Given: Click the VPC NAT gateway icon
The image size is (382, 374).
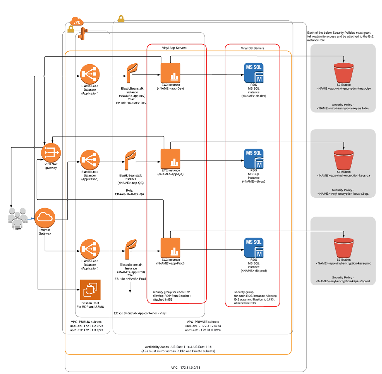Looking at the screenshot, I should tap(51, 153).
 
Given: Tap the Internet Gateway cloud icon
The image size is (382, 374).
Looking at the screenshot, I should tap(45, 217).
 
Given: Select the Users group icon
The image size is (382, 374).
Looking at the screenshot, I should tap(17, 217).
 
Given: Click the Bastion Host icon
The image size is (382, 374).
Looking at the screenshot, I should tap(90, 290).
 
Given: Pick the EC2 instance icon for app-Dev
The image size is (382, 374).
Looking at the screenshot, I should tap(170, 73).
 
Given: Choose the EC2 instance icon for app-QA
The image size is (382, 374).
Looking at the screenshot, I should tap(170, 159).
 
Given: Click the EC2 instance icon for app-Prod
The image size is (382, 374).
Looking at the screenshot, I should tap(170, 248).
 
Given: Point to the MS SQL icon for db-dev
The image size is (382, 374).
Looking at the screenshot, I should tap(254, 73).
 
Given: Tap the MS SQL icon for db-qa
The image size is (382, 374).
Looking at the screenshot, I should tap(254, 159).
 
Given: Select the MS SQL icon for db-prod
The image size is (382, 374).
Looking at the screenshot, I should tap(254, 248).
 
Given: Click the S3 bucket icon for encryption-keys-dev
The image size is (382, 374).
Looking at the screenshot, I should tap(344, 73).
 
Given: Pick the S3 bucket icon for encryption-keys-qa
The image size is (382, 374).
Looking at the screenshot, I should tap(344, 160).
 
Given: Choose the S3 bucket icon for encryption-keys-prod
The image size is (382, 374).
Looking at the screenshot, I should tap(344, 248).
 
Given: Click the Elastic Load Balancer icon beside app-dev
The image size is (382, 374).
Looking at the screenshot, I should tap(90, 74).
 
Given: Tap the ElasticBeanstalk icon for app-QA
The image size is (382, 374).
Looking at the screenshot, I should tap(131, 160).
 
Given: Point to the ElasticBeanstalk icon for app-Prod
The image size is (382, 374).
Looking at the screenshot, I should tap(131, 249).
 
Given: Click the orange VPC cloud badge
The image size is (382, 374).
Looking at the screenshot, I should tap(77, 22).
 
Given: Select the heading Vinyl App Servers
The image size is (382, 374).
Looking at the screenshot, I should tap(174, 48).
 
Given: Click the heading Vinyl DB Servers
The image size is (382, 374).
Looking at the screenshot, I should tap(252, 48).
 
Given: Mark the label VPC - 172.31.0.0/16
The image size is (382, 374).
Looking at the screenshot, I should tap(185, 367).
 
